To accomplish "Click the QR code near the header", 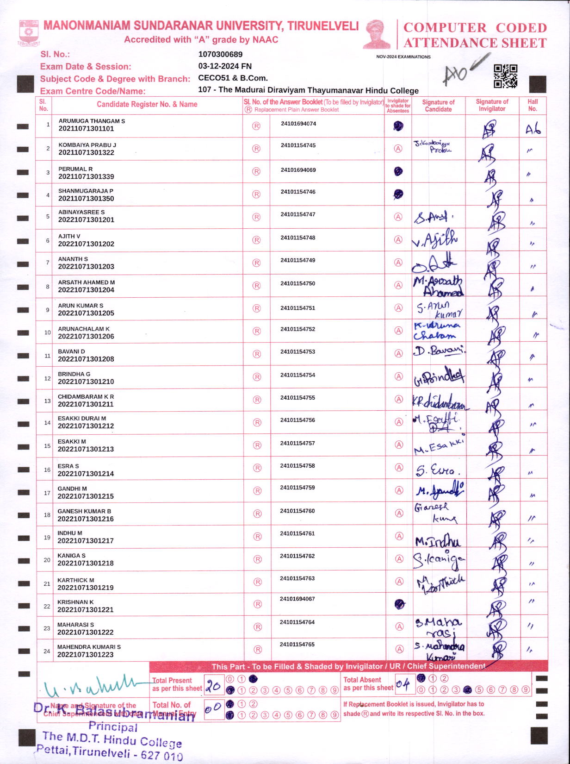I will tap(505, 76).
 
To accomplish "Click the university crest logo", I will tap(29, 32).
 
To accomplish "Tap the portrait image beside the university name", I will tap(377, 34).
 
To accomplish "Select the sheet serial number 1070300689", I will tap(220, 54).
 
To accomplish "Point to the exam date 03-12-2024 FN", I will tap(225, 66).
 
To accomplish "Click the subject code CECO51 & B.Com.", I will tap(233, 78).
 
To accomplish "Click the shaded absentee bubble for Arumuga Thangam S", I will tap(398, 125).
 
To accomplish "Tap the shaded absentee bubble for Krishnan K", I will tap(399, 604).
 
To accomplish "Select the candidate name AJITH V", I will tap(69, 236).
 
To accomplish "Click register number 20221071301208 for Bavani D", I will tap(86, 359).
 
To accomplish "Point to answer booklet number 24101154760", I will tap(297, 511).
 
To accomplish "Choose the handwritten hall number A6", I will tap(533, 130).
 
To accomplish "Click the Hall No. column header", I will tap(533, 105).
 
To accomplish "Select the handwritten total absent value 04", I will tap(403, 685).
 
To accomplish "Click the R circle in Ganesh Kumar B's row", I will tap(257, 514).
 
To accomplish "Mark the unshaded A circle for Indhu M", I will tap(399, 536).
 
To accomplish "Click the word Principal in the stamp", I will tap(113, 726).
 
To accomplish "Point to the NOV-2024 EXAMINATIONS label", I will tap(403, 57).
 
